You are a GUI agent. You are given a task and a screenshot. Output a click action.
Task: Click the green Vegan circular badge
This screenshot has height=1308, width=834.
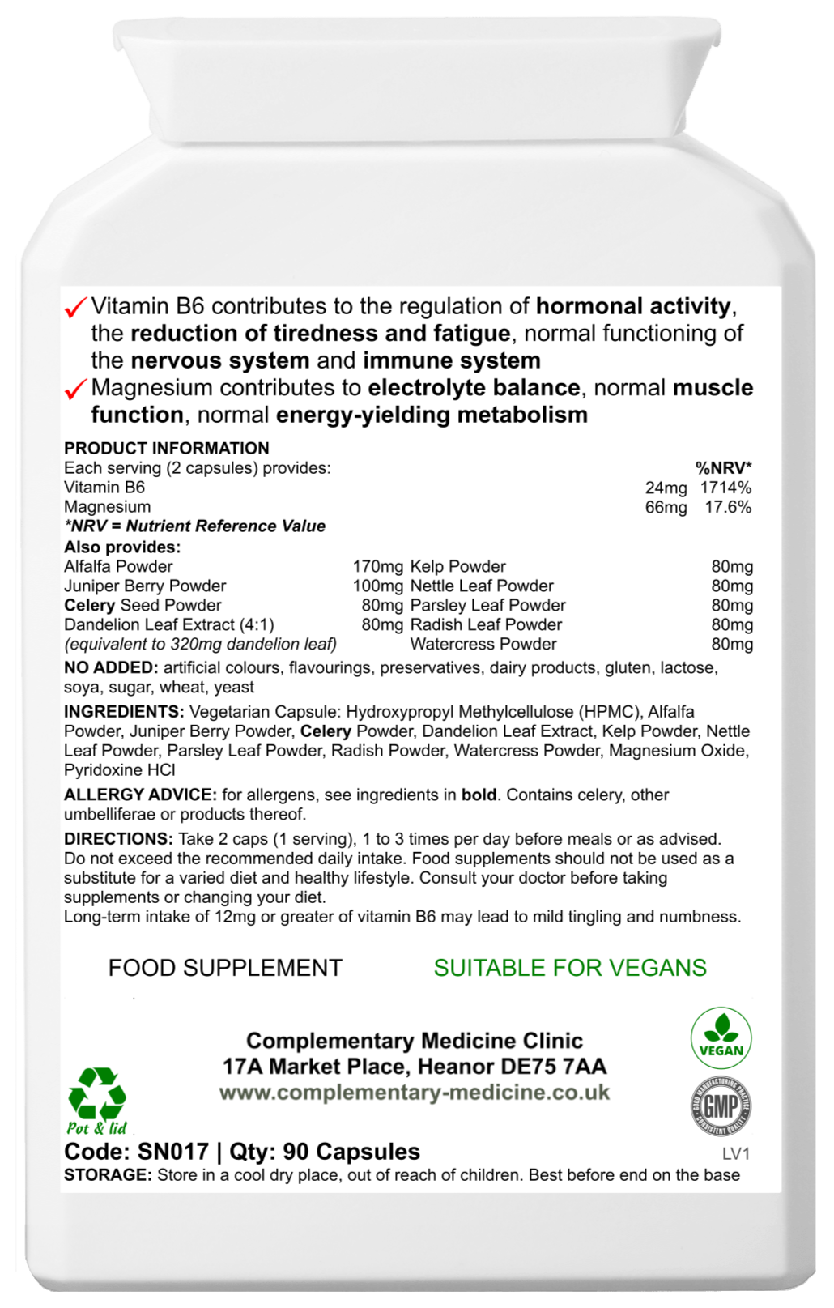721,1039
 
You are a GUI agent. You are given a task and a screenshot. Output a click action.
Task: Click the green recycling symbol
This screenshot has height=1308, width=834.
97,1093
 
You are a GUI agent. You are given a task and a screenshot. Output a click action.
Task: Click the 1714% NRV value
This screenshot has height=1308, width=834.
726,488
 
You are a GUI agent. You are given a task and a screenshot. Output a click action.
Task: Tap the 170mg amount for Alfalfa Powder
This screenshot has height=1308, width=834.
377,567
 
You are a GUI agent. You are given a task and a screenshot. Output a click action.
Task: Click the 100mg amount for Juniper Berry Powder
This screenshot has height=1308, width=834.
377,586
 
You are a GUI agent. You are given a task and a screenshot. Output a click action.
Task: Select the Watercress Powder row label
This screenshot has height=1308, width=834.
483,645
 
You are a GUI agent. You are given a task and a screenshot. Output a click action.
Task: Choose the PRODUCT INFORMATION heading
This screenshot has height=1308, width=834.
166,449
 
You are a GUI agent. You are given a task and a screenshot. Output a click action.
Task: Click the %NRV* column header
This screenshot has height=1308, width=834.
723,468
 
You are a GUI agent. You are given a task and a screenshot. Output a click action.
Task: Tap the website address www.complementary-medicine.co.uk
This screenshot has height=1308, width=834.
415,1093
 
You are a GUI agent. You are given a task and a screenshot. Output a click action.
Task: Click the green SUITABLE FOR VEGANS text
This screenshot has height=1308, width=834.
570,968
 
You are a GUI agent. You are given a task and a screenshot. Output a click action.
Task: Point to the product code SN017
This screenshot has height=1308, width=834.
172,1152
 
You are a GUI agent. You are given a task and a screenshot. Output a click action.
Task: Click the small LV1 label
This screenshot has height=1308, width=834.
736,1154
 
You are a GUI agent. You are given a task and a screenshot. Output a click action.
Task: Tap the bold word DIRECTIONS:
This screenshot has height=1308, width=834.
118,839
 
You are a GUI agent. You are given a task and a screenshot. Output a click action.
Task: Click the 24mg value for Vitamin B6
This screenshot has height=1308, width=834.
666,488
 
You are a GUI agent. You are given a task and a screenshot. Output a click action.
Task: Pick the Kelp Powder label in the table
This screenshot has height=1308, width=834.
458,567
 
